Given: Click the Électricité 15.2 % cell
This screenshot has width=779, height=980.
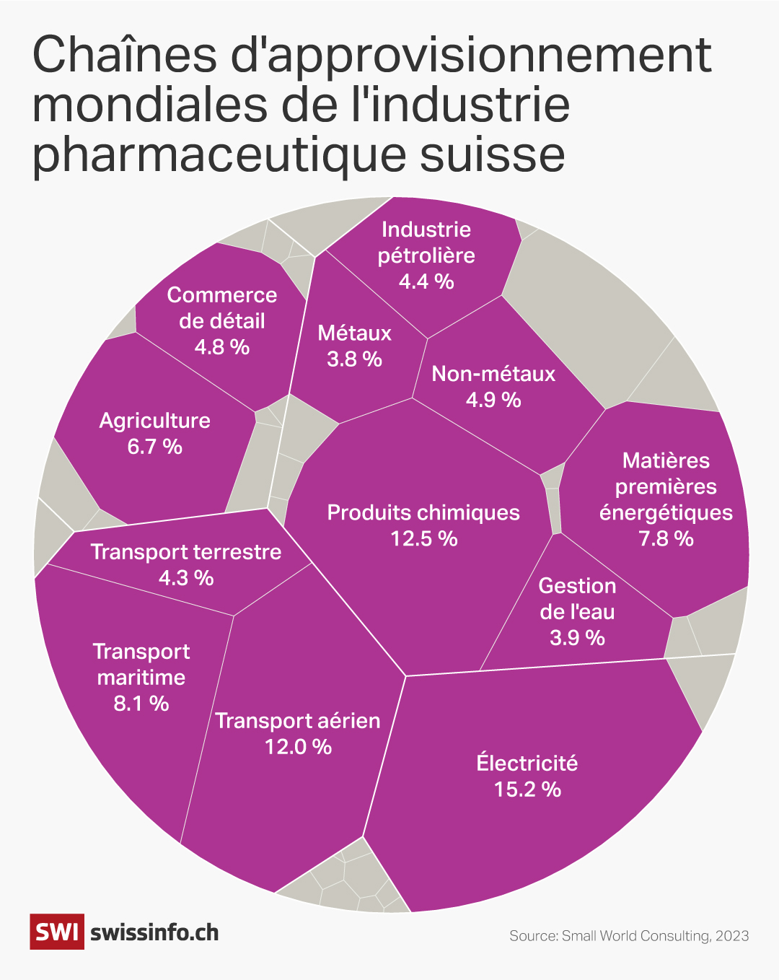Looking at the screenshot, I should pos(527,776).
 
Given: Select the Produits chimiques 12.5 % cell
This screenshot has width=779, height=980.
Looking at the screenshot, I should pos(423,525).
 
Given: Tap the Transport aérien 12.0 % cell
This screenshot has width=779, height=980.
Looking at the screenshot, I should pos(297,733).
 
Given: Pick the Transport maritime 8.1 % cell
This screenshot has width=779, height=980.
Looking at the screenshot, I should pos(141,677).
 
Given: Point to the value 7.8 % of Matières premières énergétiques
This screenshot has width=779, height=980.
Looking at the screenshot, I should pos(666,539).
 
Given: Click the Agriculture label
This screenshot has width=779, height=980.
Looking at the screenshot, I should pos(155,421).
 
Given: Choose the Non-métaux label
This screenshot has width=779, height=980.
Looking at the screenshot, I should pos(493,374).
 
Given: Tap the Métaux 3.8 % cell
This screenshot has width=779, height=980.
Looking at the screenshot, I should pos(354,346).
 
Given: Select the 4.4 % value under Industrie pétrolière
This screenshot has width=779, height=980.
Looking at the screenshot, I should pos(426,281).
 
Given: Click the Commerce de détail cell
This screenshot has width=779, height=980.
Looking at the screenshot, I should pos(222,320).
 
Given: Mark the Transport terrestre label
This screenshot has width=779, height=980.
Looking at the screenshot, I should pos(186,552).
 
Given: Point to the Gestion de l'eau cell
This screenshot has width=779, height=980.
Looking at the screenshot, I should pos(577,611).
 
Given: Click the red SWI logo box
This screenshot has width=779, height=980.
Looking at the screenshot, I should pos(57,932).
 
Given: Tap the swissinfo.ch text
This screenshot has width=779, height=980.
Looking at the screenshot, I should pos(154,932).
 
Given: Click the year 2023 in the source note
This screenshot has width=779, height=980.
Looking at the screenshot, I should pos(732,936).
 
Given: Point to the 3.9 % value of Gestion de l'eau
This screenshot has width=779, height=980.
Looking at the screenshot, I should pos(577,638).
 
